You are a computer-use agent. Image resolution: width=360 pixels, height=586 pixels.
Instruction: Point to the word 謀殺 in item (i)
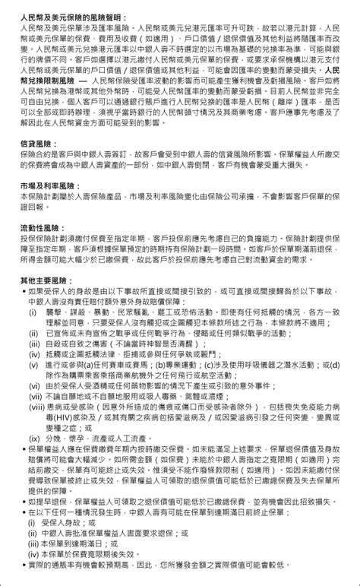tap(78, 312)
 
